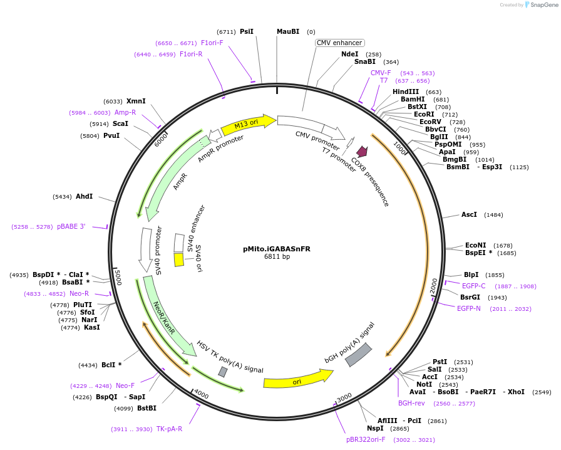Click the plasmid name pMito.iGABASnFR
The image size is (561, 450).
pos(276,249)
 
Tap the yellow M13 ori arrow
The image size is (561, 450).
pos(248,123)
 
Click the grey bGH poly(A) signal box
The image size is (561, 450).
pos(359,355)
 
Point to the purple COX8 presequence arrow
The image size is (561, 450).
pos(362,151)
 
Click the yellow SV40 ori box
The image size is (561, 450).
pos(179,259)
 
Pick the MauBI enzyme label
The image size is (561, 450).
pos(288,31)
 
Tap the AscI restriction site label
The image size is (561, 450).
pos(469,214)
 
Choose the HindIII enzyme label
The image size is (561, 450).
pos(406,92)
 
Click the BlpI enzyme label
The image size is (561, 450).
pos(471,275)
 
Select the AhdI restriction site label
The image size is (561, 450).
pos(84,196)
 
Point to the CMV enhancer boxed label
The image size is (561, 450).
pos(339,43)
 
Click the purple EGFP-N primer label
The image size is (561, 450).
pos(469,308)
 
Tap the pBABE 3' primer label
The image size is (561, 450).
pos(71,226)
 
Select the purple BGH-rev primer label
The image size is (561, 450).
pos(411,403)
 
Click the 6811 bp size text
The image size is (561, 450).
pos(277,257)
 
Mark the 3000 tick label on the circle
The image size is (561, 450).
pos(344,398)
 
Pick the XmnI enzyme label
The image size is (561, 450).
pos(136,101)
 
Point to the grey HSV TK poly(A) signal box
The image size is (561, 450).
pos(223,372)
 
